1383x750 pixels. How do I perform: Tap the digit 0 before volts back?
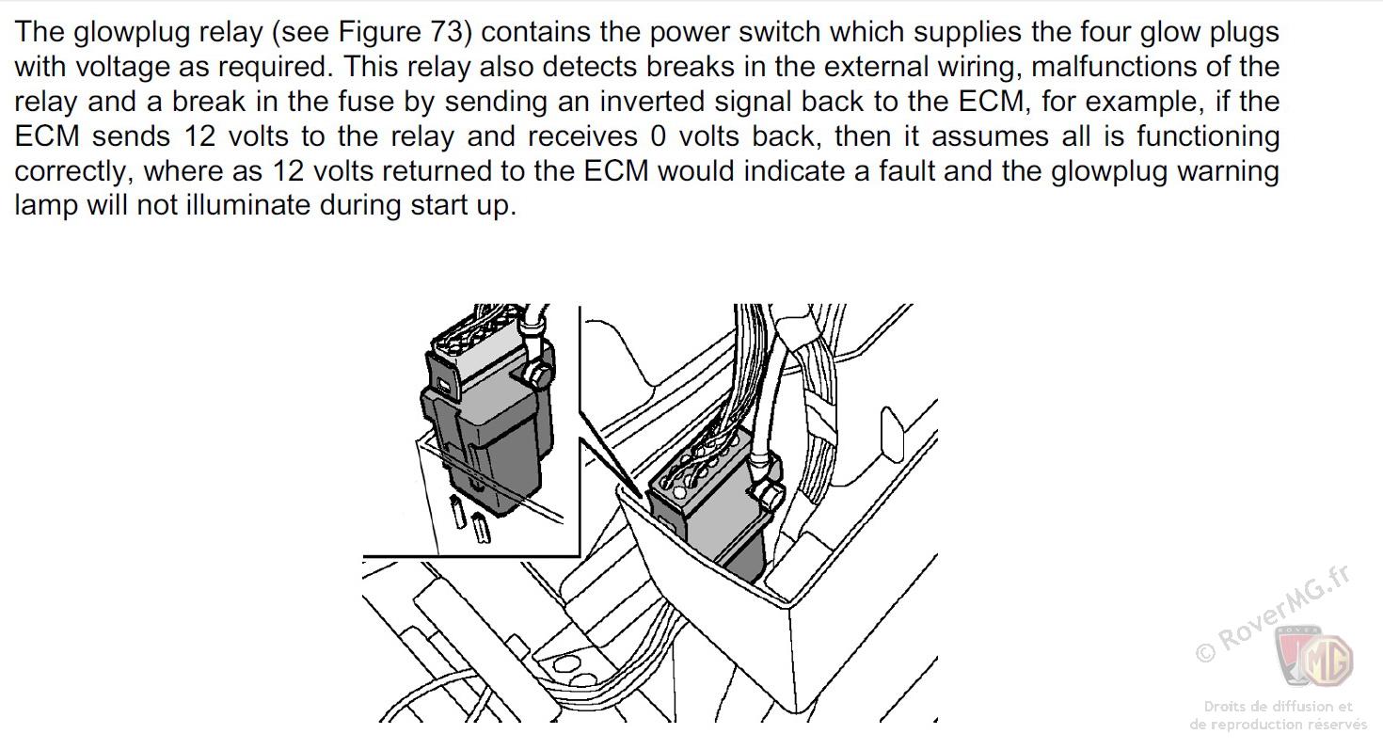click(x=658, y=136)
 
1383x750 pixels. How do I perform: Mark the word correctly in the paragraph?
click(x=72, y=171)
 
